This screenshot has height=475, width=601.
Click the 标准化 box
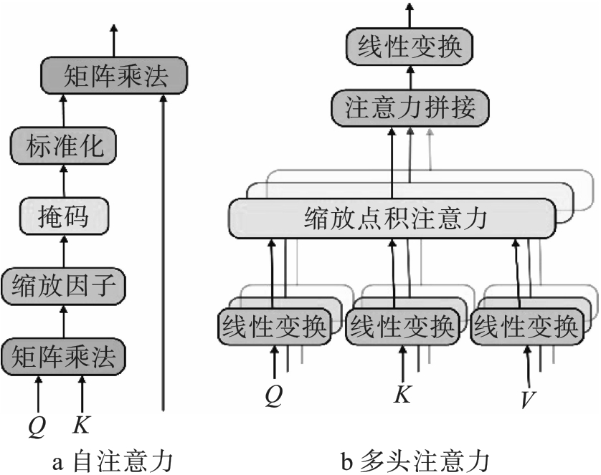click(64, 147)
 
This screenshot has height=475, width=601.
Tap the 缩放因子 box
click(64, 286)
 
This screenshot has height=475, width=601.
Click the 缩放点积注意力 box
click(392, 219)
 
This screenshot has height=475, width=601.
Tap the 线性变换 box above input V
click(526, 327)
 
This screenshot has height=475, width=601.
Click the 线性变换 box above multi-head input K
click(401, 327)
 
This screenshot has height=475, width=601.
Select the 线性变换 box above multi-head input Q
click(274, 327)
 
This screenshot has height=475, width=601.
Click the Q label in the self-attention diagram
click(37, 426)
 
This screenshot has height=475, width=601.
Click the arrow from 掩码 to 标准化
click(64, 181)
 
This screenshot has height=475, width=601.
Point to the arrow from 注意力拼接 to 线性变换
click(411, 79)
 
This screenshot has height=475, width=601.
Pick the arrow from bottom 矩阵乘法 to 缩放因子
click(64, 320)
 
